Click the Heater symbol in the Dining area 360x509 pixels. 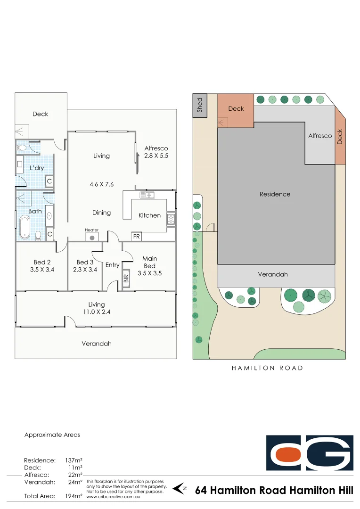point(92,237)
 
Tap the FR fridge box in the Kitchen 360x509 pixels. point(136,236)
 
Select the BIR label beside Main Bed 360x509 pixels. point(126,279)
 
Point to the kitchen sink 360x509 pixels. point(147,195)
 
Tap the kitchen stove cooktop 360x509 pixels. point(171,219)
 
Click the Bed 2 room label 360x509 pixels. point(40,262)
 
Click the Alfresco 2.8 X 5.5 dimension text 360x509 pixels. point(156,155)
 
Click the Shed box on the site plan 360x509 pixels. point(200,105)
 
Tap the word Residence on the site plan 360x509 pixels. point(275,194)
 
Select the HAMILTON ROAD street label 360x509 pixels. point(267,368)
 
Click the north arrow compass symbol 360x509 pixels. point(180,489)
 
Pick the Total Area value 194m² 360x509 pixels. point(74,496)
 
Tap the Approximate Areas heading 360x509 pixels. point(52,435)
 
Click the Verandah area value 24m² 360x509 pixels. point(74,482)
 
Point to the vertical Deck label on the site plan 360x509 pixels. point(340,137)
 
